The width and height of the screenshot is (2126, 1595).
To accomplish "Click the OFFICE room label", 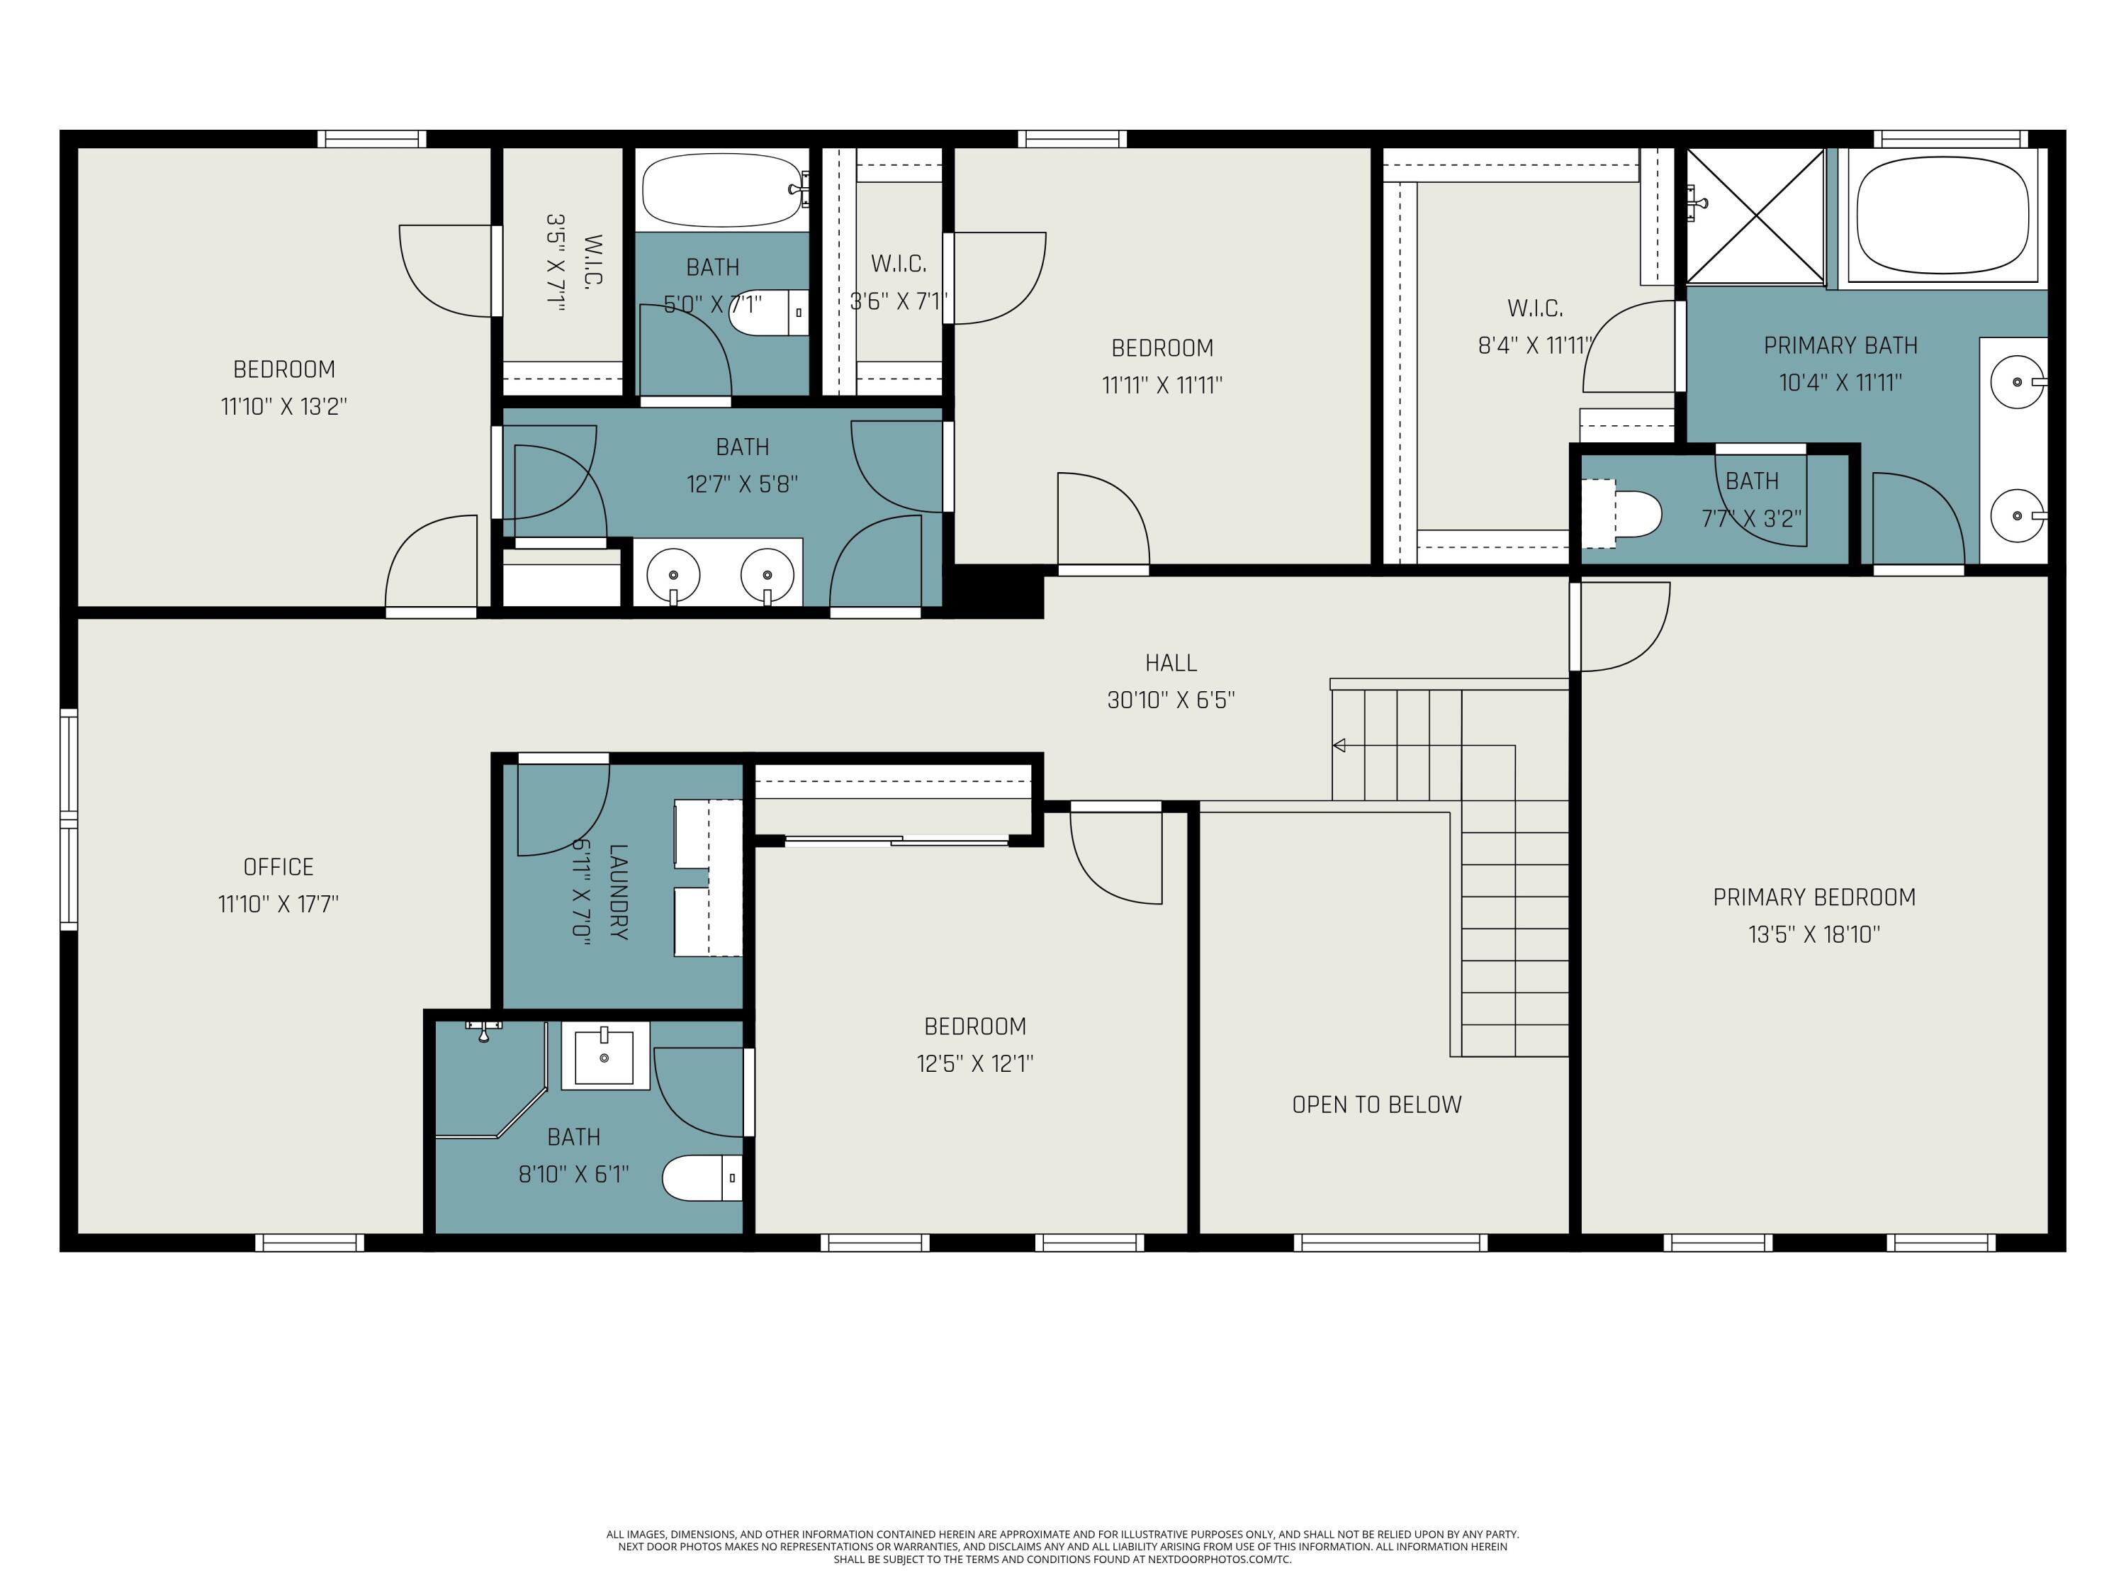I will (278, 866).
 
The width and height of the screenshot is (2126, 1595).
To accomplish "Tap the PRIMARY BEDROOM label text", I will (1813, 897).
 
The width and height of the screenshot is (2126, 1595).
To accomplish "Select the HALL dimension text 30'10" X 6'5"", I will (1170, 700).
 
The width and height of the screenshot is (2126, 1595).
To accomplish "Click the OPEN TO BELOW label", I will (1376, 1104).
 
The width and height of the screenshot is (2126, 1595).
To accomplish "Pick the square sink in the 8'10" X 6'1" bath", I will (604, 1056).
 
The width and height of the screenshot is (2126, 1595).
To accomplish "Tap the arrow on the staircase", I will (1339, 745).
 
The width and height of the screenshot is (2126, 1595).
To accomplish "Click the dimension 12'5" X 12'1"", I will (974, 1063).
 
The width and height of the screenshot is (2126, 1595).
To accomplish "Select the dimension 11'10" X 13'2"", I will (283, 405).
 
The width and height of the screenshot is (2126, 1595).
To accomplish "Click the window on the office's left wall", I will (68, 819).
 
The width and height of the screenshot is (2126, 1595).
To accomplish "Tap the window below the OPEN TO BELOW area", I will (1390, 1243).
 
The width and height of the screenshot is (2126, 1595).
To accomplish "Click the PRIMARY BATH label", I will (1840, 345).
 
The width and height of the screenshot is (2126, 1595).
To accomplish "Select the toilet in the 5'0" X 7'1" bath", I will (767, 313).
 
